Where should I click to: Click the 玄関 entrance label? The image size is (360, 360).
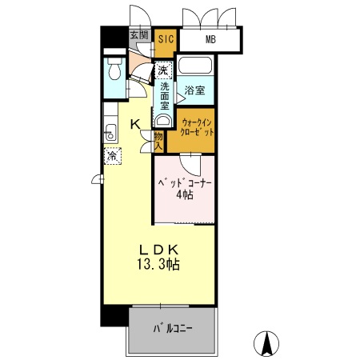click(138, 35)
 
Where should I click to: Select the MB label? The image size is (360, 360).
click(210, 38)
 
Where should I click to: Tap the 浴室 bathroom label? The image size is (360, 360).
click(194, 90)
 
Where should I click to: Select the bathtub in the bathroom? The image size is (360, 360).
click(195, 66)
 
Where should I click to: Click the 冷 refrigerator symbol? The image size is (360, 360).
click(113, 156)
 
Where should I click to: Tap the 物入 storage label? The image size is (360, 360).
click(158, 141)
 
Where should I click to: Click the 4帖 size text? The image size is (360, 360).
click(185, 196)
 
